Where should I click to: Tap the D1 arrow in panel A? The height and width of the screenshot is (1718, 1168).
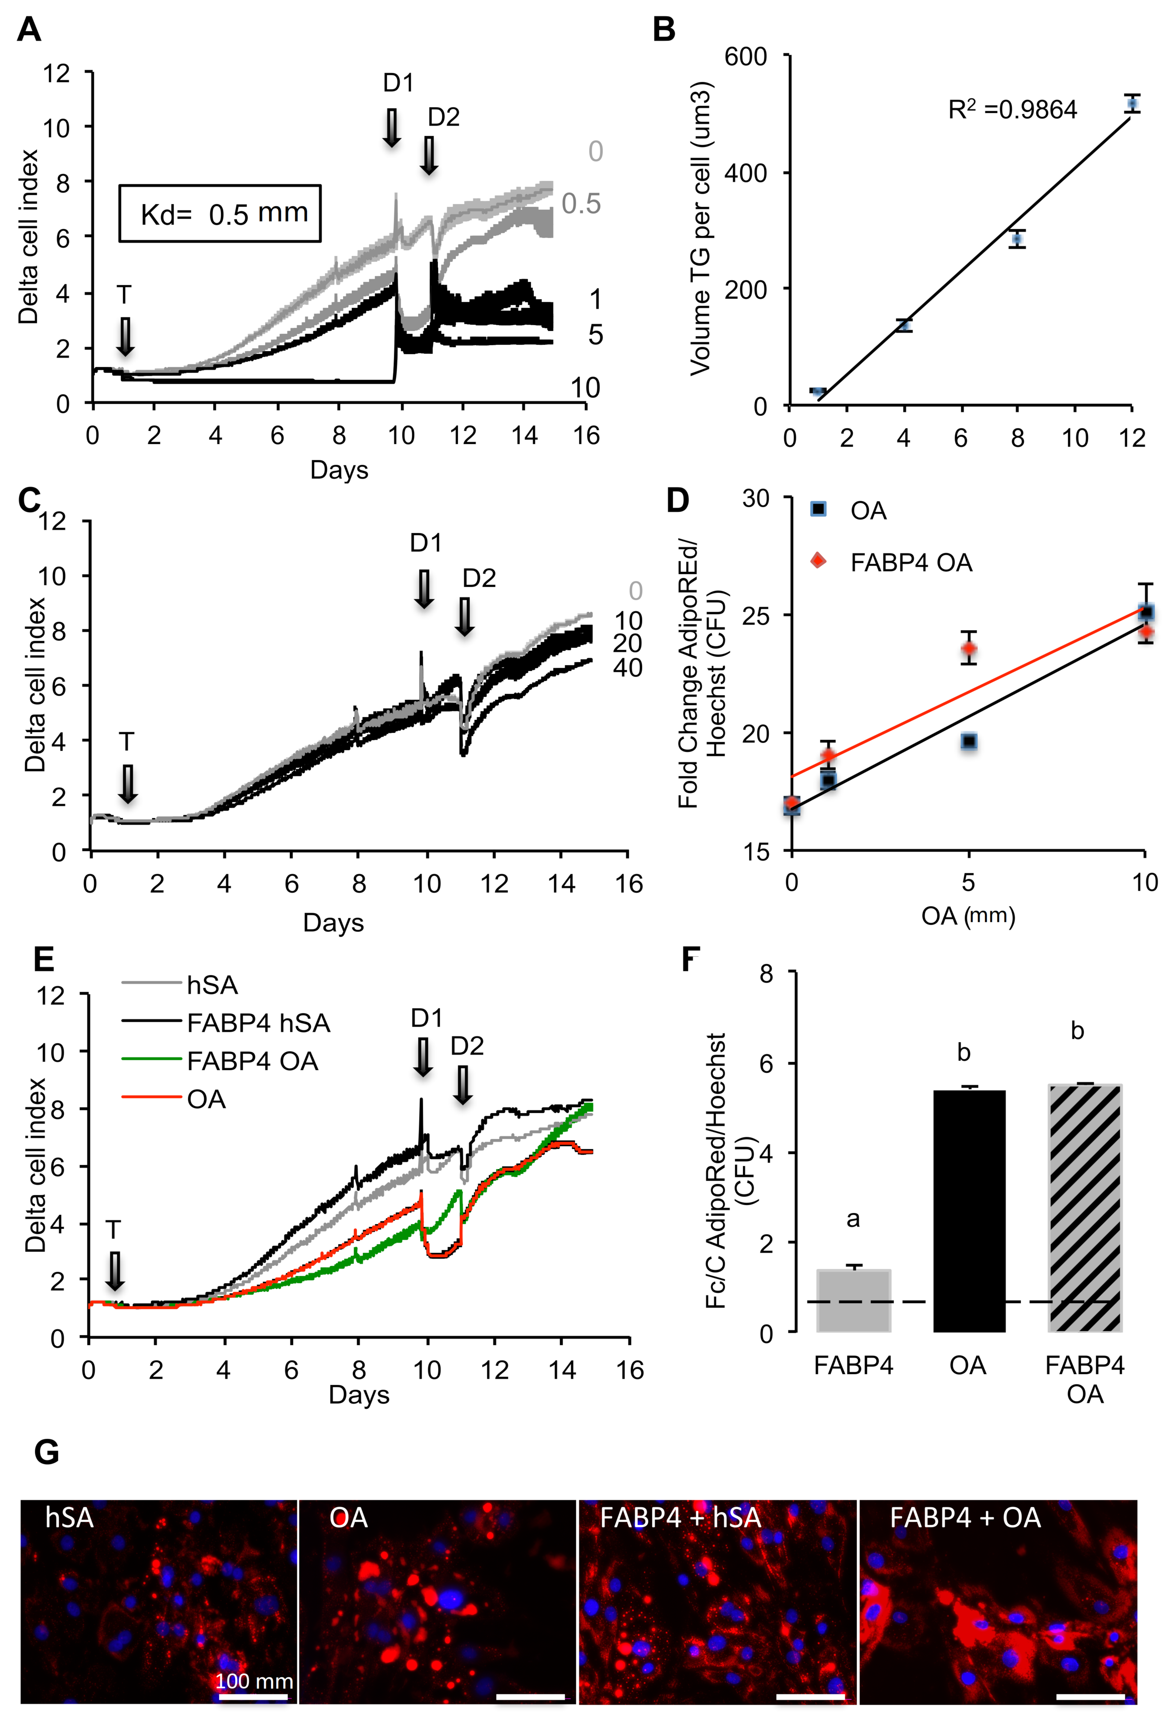tap(391, 127)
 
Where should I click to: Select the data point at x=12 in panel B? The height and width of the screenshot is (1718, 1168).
tap(1132, 104)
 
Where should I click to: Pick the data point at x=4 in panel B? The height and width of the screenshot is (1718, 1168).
tap(903, 325)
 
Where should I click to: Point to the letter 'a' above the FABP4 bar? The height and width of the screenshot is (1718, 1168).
tap(853, 1219)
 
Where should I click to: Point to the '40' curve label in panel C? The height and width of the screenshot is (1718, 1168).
tap(627, 668)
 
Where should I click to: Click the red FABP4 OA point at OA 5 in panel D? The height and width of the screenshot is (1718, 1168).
tap(968, 649)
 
